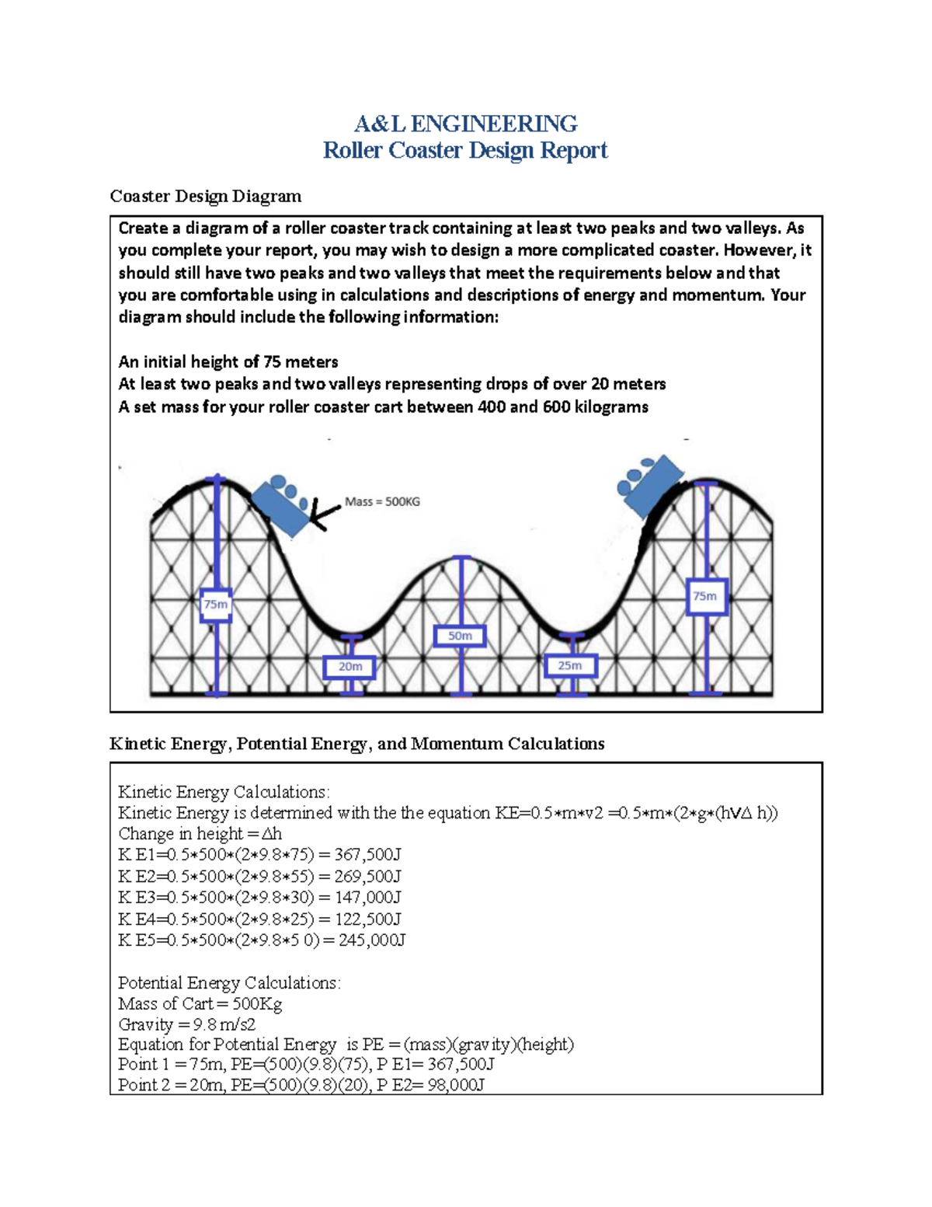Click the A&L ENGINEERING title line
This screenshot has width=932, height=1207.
tap(465, 124)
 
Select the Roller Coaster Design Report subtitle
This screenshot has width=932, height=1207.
tap(465, 150)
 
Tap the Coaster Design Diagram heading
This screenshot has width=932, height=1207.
tap(205, 196)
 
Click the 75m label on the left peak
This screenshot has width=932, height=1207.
tap(216, 605)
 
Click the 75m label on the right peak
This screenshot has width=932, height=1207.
tap(706, 596)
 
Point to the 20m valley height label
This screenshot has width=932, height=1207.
tap(349, 667)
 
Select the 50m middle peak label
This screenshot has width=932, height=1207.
tap(461, 636)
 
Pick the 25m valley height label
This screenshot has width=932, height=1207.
tap(570, 665)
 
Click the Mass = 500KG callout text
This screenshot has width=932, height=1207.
tap(382, 502)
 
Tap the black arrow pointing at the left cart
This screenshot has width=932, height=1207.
tap(324, 512)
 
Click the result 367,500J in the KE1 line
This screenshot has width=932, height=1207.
tap(367, 855)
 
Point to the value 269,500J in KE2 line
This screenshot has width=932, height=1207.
tap(367, 877)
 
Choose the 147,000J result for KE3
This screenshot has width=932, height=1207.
tap(367, 898)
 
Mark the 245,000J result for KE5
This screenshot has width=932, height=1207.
tap(372, 940)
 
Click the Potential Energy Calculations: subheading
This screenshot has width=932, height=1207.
tap(229, 983)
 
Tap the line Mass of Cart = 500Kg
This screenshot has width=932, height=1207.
tap(200, 1004)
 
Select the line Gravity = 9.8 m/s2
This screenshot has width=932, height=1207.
tap(186, 1024)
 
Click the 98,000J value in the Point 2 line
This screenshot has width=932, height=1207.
tap(456, 1085)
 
